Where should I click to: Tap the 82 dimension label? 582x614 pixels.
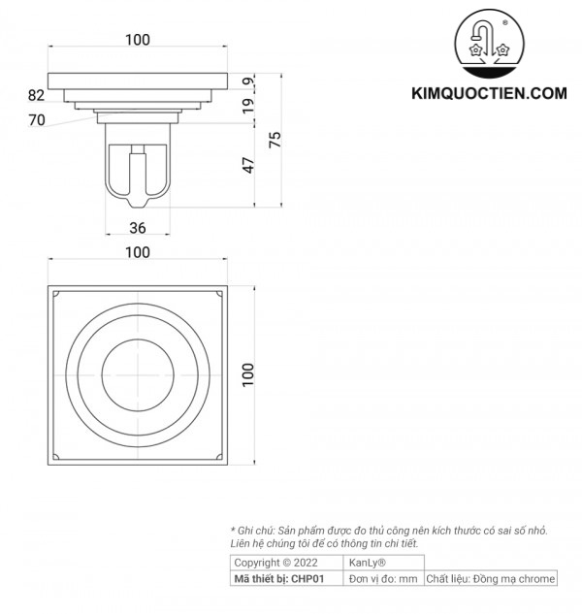[37, 95]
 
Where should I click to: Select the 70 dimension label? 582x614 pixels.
[37, 120]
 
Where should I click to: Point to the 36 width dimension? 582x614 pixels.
[138, 228]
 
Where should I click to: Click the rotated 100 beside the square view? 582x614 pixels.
[248, 374]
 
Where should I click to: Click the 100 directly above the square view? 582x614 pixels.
[138, 252]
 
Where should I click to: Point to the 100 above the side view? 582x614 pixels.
[138, 40]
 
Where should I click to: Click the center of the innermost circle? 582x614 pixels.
[138, 374]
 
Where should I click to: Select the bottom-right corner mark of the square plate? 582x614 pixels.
[219, 456]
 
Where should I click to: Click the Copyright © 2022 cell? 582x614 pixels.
[276, 563]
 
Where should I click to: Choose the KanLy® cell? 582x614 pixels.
[368, 563]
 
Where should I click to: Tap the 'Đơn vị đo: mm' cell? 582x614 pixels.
[383, 578]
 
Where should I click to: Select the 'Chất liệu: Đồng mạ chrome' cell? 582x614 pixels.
[491, 578]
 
